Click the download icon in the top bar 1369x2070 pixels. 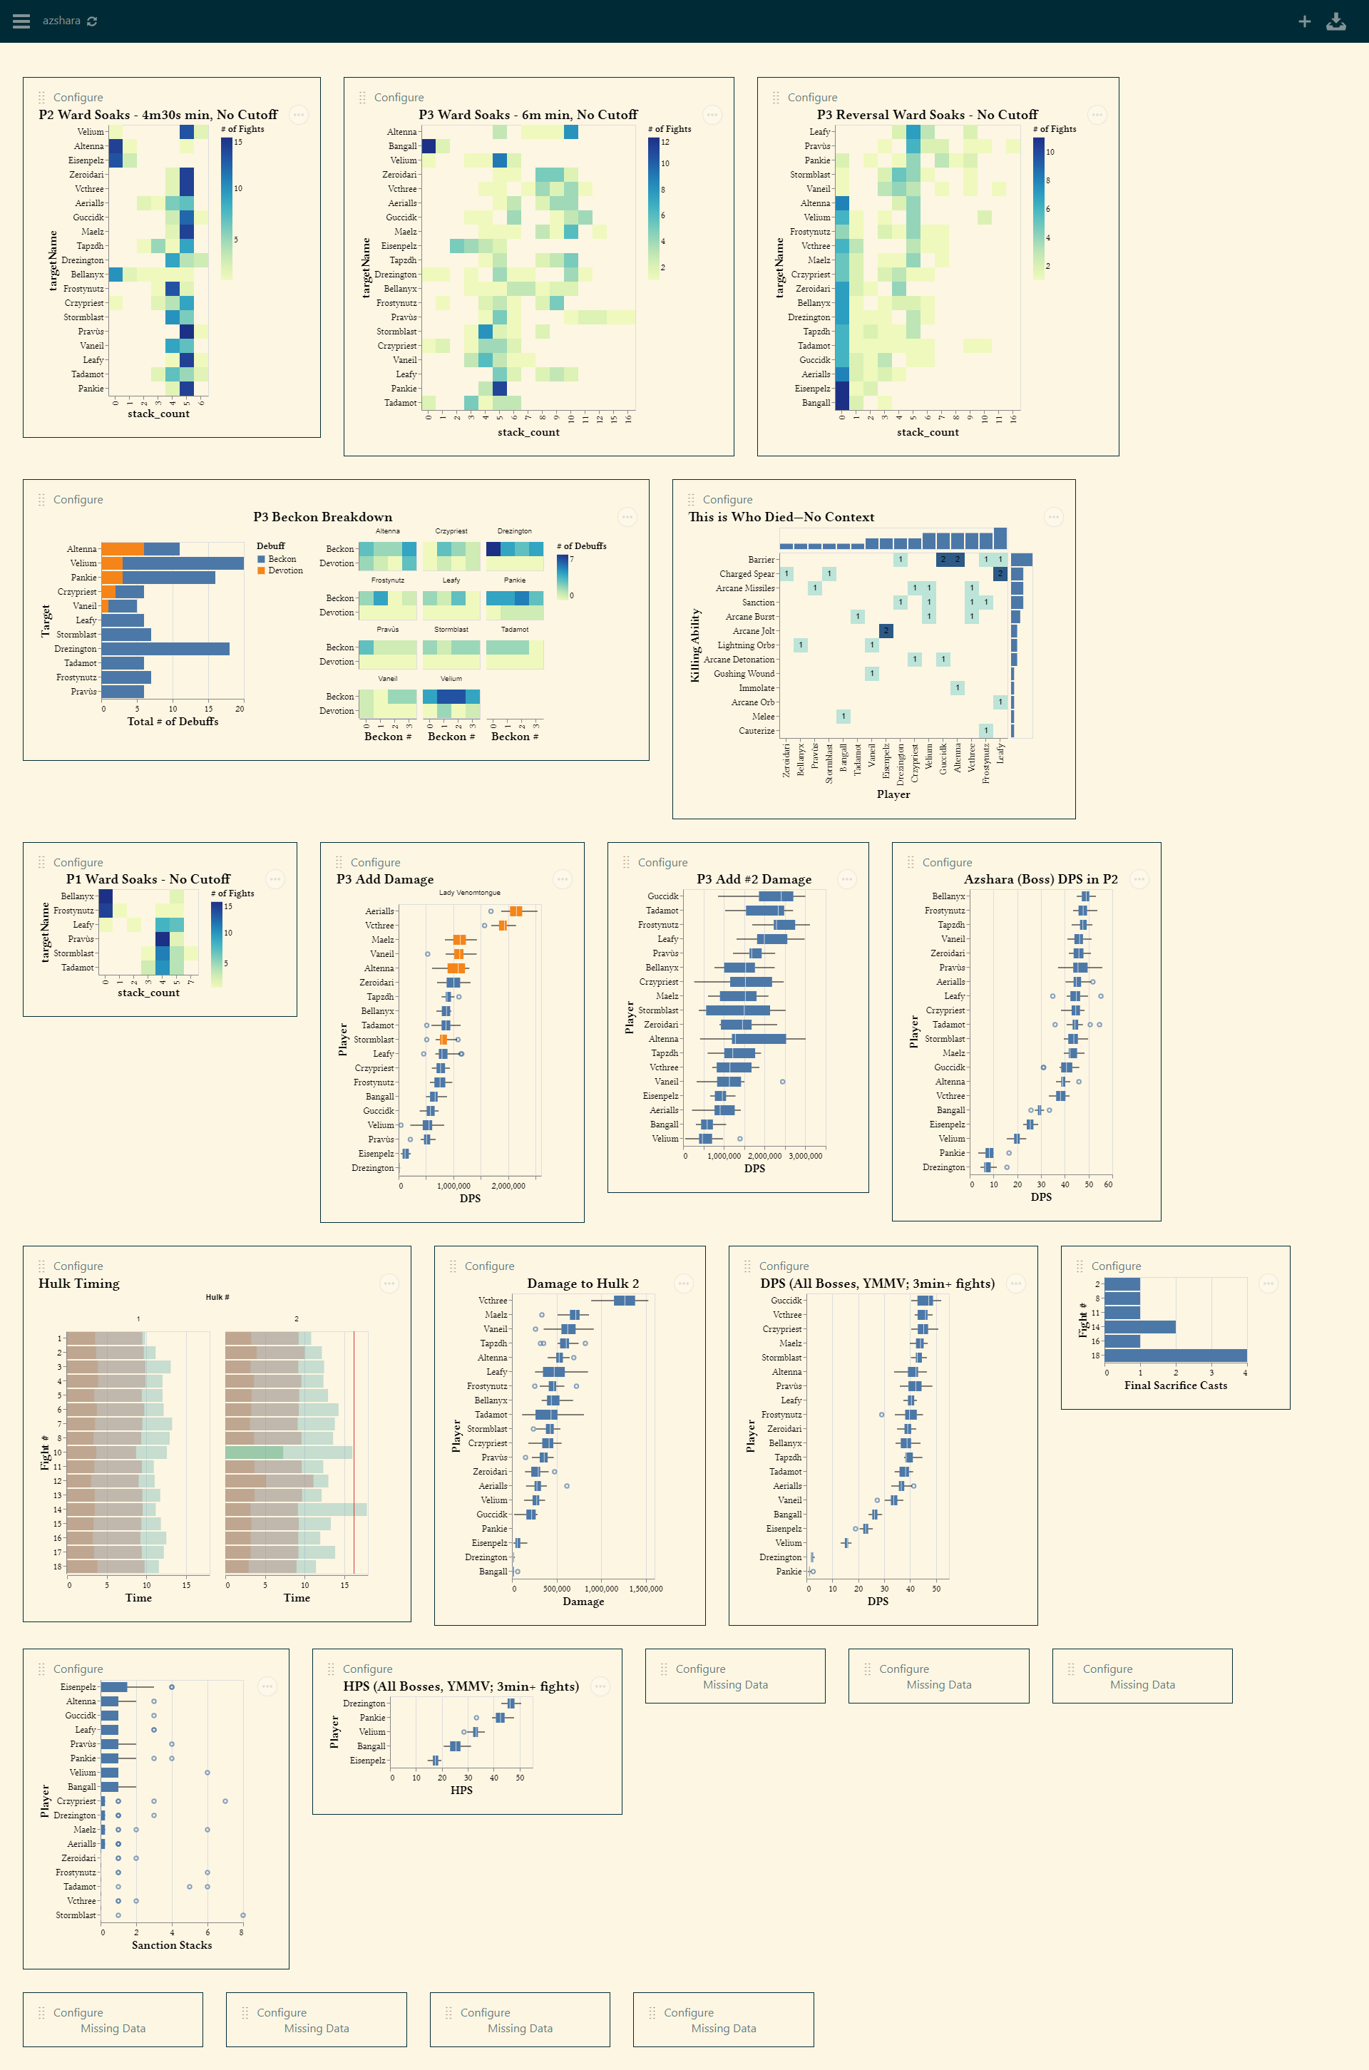tap(1335, 21)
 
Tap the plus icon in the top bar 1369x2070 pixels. tap(1303, 21)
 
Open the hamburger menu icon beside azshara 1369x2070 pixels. tap(21, 21)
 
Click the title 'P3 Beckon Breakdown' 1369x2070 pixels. tap(322, 517)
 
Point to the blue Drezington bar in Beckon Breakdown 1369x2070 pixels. tap(165, 649)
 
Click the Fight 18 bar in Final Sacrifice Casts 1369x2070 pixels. tap(1175, 1356)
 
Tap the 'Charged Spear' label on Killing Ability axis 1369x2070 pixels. tap(747, 573)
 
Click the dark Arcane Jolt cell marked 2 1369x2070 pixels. tap(886, 630)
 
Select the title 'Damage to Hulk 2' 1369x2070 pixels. tap(583, 1283)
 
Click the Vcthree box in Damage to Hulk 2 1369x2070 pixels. tap(625, 1301)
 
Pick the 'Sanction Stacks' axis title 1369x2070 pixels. tap(171, 1945)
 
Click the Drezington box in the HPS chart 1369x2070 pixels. tap(511, 1703)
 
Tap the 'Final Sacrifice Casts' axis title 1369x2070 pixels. tap(1175, 1385)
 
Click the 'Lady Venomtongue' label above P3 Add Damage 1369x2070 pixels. tap(470, 892)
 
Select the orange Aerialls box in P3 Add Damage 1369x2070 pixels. tap(516, 911)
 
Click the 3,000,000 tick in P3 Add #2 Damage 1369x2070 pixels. tap(805, 1156)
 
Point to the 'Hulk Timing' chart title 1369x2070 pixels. tap(78, 1283)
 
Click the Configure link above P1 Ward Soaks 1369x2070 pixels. tap(78, 863)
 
